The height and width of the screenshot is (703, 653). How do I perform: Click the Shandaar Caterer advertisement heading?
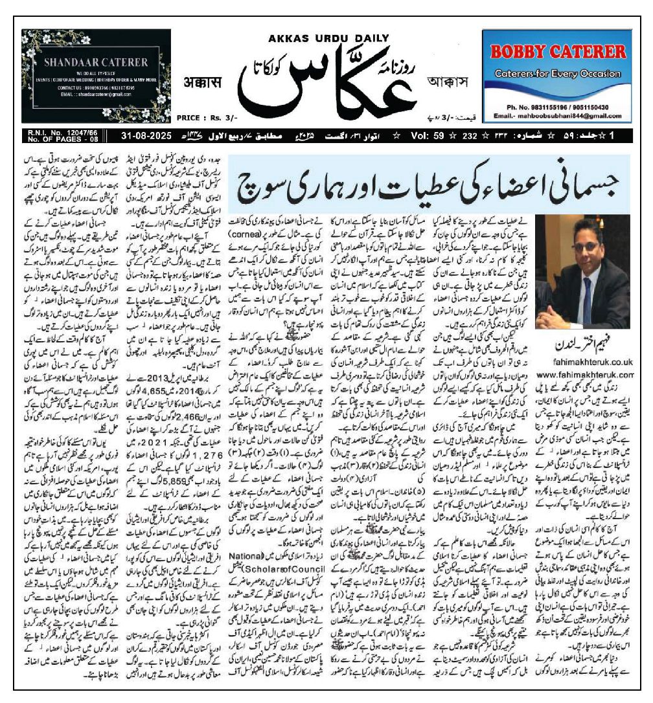coord(96,63)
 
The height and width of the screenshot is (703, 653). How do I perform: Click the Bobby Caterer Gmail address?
coord(557,115)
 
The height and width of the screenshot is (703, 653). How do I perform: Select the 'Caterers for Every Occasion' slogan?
coord(557,74)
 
